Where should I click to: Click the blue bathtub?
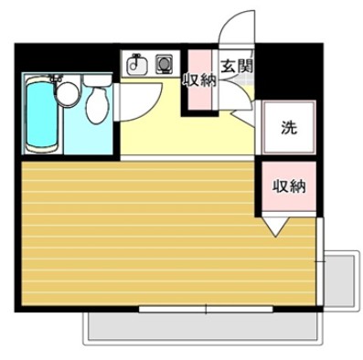coord(42,117)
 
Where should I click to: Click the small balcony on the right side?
coord(341,279)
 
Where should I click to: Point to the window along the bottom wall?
coord(206,310)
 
